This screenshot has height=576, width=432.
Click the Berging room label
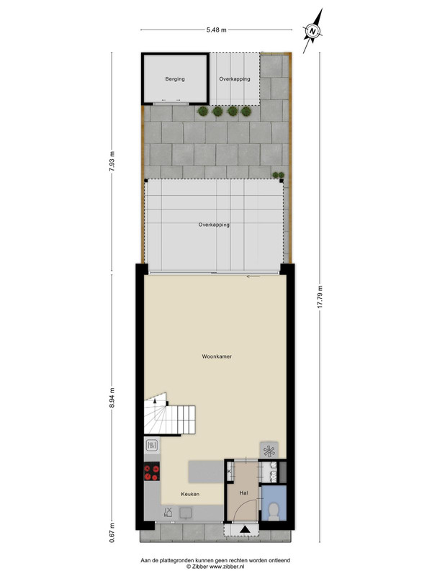click(x=175, y=79)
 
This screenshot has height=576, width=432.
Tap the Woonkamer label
click(x=217, y=356)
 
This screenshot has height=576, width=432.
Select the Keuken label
click(x=190, y=494)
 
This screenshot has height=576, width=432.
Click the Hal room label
click(x=243, y=493)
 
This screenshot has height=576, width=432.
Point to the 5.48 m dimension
click(x=217, y=30)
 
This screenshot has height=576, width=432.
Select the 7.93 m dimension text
click(x=112, y=161)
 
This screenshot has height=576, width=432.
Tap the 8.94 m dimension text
click(x=112, y=398)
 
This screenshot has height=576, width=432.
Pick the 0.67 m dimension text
click(x=112, y=533)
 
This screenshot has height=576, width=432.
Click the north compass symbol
click(x=313, y=31)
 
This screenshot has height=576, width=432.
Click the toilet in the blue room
click(x=274, y=512)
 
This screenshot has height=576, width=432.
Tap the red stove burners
click(x=152, y=472)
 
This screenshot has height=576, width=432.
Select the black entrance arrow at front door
click(x=244, y=529)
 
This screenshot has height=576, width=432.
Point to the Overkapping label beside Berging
click(x=235, y=79)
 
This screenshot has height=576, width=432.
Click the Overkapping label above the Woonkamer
click(x=214, y=225)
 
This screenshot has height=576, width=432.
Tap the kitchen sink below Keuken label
click(x=186, y=513)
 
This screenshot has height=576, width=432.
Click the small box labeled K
click(x=230, y=472)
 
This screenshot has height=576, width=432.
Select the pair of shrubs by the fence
click(x=278, y=175)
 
